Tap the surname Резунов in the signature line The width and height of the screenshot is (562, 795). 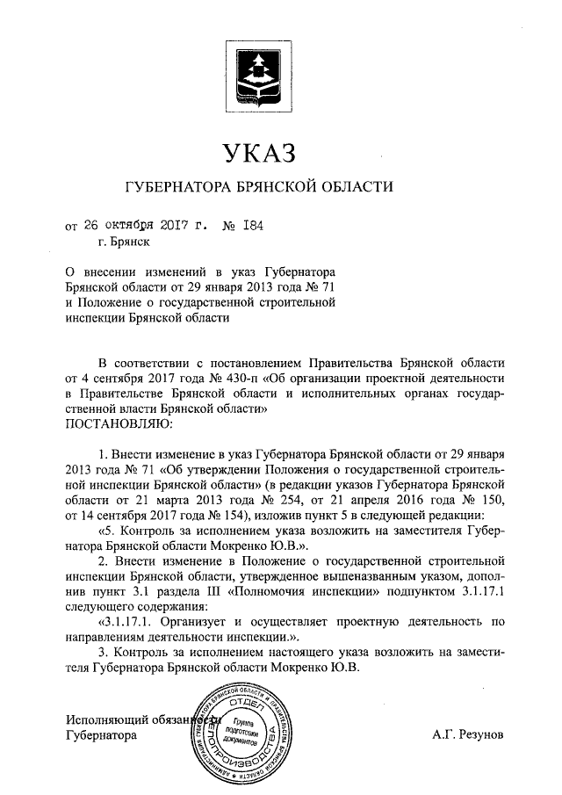tap(474, 732)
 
